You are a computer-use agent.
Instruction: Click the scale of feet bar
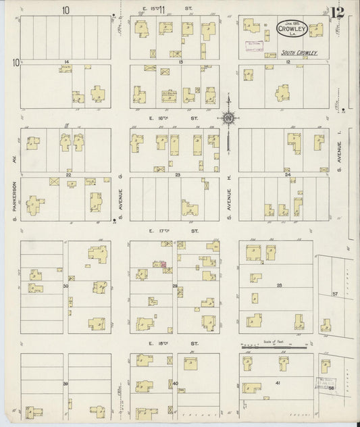(x=276, y=348)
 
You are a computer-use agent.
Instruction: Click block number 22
(x=68, y=174)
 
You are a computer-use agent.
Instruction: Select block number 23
(x=178, y=174)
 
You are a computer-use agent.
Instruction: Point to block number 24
(x=287, y=174)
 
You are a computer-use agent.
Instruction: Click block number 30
(x=66, y=287)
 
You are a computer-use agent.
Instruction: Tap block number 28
(x=278, y=286)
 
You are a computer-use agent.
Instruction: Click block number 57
(x=334, y=295)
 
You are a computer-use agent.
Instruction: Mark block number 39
(x=66, y=384)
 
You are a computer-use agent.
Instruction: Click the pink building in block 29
(x=162, y=264)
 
